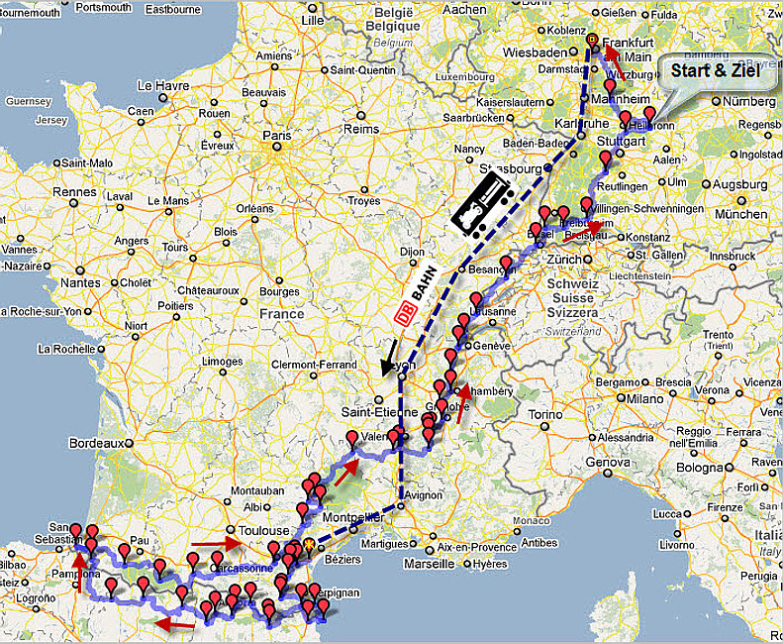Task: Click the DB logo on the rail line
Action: coord(405,313)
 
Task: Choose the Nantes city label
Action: coord(80,282)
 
